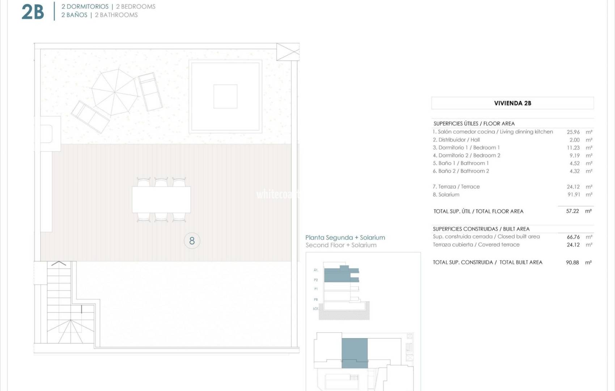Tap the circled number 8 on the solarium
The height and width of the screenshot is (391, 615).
coord(192,241)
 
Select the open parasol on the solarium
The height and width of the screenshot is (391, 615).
coord(114,92)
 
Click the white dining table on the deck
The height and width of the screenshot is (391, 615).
coord(161,199)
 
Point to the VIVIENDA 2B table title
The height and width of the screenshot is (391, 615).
coord(512,103)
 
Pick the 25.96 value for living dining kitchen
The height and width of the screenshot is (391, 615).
coord(573,132)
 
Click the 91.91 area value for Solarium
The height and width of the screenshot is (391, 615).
coord(574,194)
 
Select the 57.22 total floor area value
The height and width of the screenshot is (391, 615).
coord(572,211)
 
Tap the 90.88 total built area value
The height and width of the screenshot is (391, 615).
coord(572,262)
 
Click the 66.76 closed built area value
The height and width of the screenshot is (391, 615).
coord(573,237)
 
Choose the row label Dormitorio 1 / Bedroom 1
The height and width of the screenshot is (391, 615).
coord(466,148)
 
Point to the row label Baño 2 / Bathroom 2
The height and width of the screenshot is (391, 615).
coord(461,171)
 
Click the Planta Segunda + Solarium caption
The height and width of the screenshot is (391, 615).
coord(345,237)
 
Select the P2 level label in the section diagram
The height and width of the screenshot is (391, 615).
coord(316,280)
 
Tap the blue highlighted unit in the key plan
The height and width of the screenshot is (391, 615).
coord(355,353)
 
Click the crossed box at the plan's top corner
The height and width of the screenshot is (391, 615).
coord(288,52)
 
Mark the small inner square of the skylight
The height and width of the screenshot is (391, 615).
coord(225,96)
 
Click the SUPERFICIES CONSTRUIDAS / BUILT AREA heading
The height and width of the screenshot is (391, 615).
coord(481,229)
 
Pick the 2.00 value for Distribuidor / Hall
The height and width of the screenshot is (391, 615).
coord(574,140)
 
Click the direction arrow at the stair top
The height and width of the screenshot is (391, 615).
coord(59,264)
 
